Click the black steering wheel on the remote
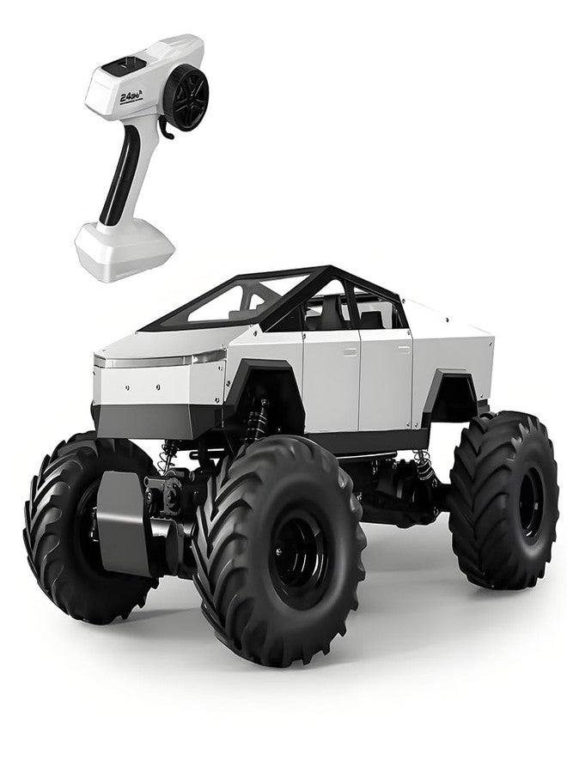point(186,96)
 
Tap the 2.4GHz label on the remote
point(131,97)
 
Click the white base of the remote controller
point(125,248)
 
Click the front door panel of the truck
point(331,378)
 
